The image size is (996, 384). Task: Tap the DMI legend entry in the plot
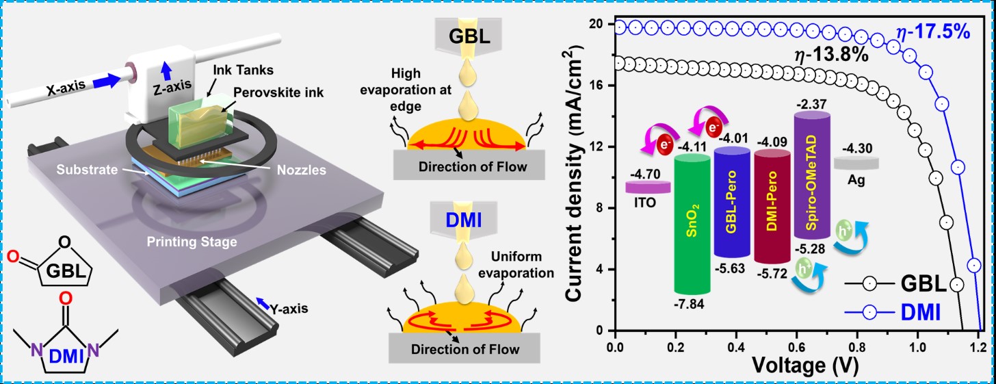[921, 313]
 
